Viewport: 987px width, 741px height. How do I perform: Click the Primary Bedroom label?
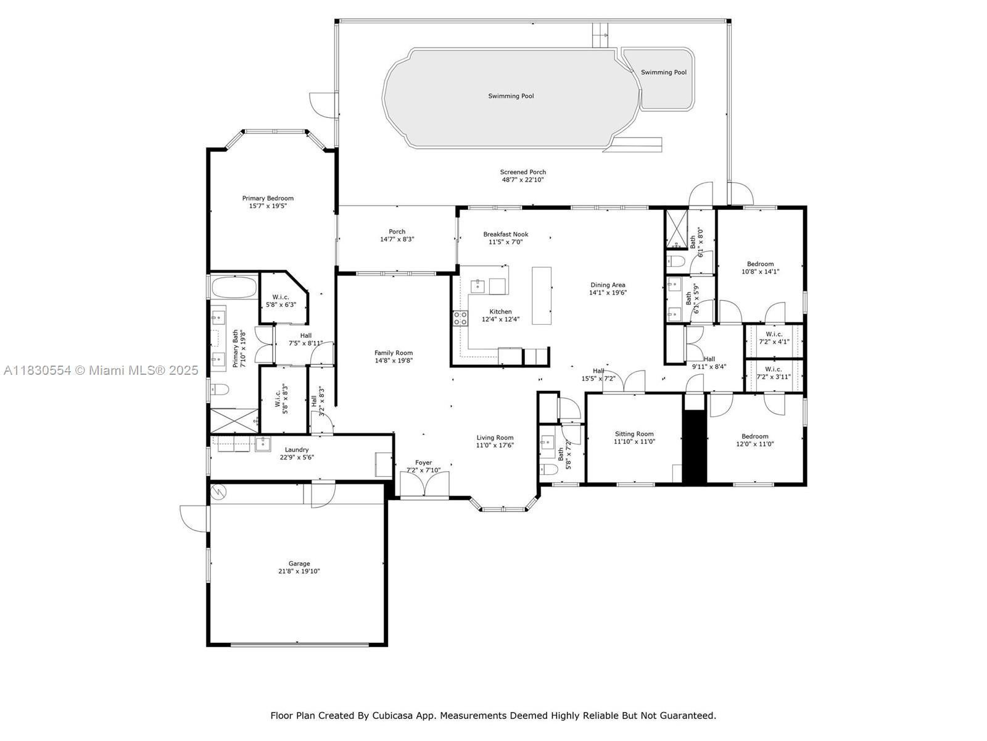pos(268,198)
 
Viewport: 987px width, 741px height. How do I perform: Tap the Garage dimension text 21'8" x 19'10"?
pos(299,571)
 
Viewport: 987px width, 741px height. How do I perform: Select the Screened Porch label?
pos(523,172)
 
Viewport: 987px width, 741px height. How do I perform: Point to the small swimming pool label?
pos(664,72)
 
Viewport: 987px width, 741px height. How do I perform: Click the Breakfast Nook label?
pos(506,234)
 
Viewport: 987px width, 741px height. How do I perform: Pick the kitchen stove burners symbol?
pos(460,318)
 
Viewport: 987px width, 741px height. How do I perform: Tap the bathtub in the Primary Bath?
pos(234,287)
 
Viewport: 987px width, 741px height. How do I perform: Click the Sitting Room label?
pos(634,433)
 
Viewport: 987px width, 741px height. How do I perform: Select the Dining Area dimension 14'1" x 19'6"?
pos(608,293)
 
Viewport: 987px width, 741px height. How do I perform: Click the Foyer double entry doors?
pos(424,485)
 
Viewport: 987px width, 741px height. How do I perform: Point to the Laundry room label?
pos(297,450)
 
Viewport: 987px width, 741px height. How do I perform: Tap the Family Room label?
pos(394,353)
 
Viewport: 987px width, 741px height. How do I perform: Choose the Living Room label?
pos(495,437)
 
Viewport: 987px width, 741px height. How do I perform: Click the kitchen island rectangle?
pos(542,296)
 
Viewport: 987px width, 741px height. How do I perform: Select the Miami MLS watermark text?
pos(101,371)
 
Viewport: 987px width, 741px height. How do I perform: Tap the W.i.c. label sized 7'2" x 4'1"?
pos(774,334)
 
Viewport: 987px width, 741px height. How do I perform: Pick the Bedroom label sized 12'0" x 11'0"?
pos(755,436)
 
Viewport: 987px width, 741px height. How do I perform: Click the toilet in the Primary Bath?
pos(220,389)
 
